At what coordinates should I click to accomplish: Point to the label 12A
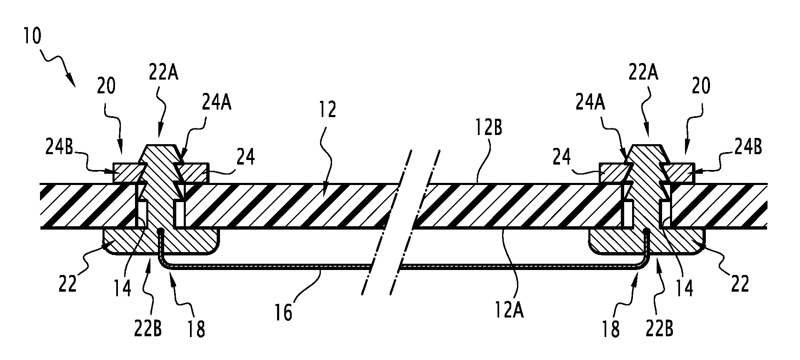(x=509, y=310)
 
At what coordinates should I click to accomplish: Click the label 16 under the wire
(x=284, y=313)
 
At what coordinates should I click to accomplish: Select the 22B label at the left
(x=148, y=329)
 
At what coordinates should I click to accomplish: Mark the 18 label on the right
(x=610, y=329)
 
